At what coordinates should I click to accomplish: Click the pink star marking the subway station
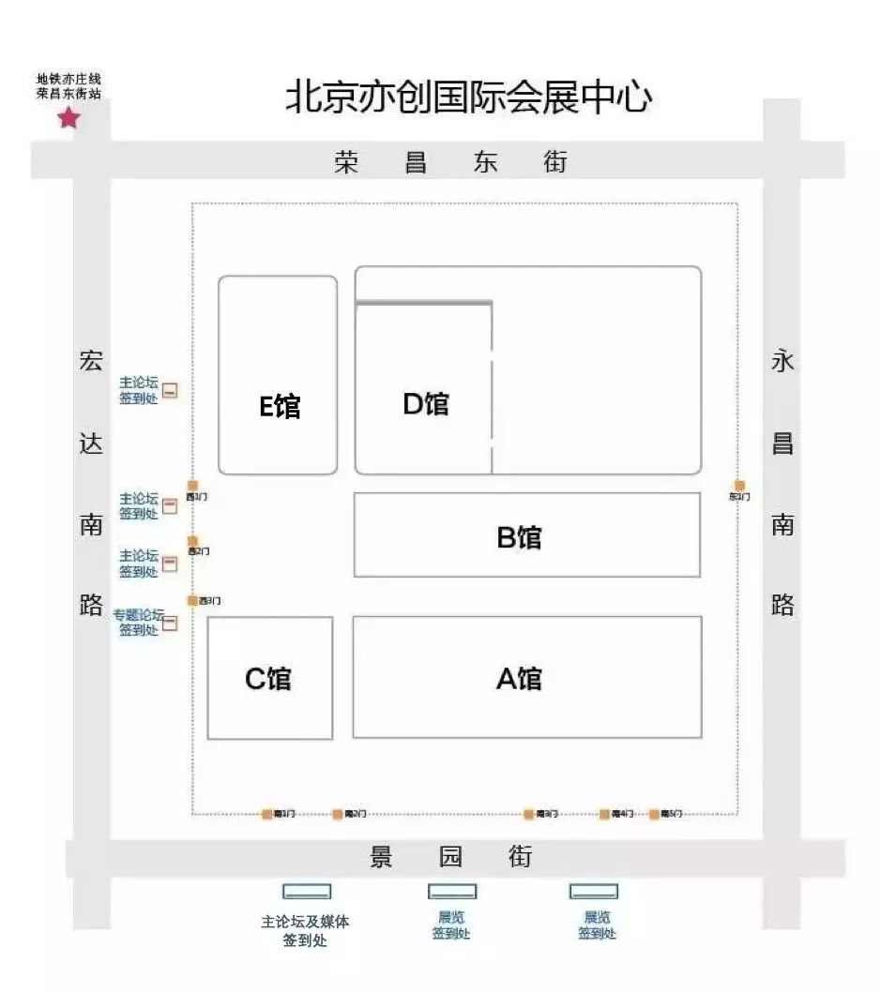click(69, 118)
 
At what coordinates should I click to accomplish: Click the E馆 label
click(280, 406)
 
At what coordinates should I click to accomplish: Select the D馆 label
click(425, 403)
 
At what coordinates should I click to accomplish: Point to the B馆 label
click(519, 537)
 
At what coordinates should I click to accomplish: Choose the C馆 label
click(268, 678)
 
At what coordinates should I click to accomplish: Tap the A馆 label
click(519, 677)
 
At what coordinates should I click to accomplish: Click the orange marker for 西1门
click(192, 486)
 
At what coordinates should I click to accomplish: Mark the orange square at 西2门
click(192, 541)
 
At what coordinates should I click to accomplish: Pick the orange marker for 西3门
click(192, 600)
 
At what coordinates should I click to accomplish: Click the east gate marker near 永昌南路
click(739, 486)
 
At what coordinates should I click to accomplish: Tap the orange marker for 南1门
click(267, 814)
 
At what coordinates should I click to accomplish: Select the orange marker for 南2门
click(338, 814)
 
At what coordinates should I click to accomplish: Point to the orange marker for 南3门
click(529, 814)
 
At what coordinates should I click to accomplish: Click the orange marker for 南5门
click(655, 814)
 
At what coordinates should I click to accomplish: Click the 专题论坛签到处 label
click(139, 623)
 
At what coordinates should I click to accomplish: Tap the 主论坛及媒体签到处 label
click(305, 930)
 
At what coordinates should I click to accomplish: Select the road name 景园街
click(450, 857)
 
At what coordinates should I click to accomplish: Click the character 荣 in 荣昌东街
click(346, 162)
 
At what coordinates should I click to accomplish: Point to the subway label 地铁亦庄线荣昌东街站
click(68, 86)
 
